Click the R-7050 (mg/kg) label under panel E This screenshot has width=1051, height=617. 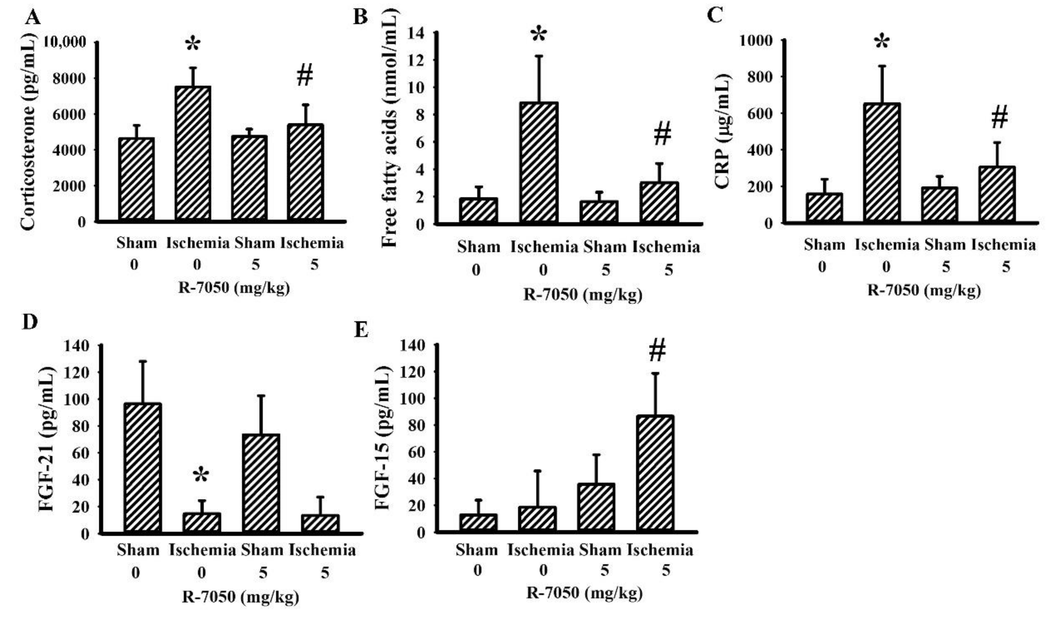584,593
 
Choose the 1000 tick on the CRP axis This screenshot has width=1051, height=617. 756,41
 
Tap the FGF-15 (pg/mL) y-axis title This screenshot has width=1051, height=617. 383,438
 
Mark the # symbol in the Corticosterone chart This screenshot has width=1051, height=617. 305,76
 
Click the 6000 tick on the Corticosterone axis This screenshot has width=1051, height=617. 69,114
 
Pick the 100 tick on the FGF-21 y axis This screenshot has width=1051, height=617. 77,399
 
